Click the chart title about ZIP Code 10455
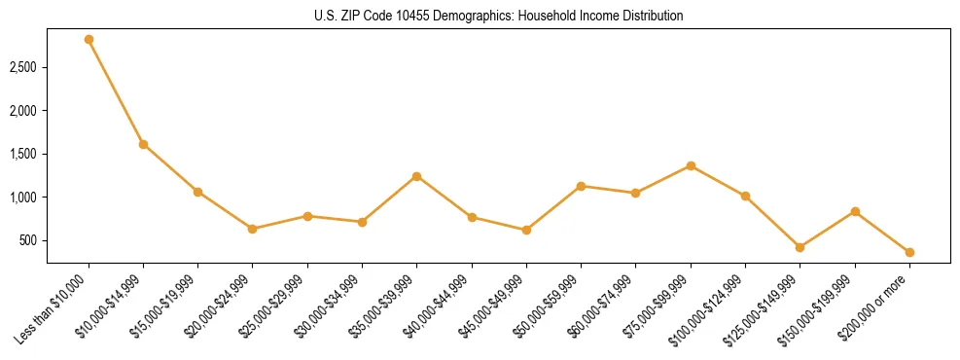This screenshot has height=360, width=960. (x=499, y=16)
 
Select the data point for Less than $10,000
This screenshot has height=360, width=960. (x=89, y=39)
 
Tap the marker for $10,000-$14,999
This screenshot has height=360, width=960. (x=143, y=144)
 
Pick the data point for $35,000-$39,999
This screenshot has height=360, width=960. (x=416, y=176)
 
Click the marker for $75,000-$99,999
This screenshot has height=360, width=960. (x=691, y=165)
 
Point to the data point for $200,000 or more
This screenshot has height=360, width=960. (x=909, y=252)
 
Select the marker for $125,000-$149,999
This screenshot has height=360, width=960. (x=800, y=247)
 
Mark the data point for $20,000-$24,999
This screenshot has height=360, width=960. (x=253, y=229)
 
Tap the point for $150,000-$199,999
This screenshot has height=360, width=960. (x=855, y=211)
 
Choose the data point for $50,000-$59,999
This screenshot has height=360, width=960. (x=581, y=186)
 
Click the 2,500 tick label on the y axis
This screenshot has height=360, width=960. (x=23, y=68)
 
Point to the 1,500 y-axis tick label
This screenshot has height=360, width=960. (x=23, y=154)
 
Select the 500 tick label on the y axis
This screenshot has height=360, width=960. (x=28, y=240)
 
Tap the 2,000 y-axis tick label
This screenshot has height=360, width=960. (x=23, y=111)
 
